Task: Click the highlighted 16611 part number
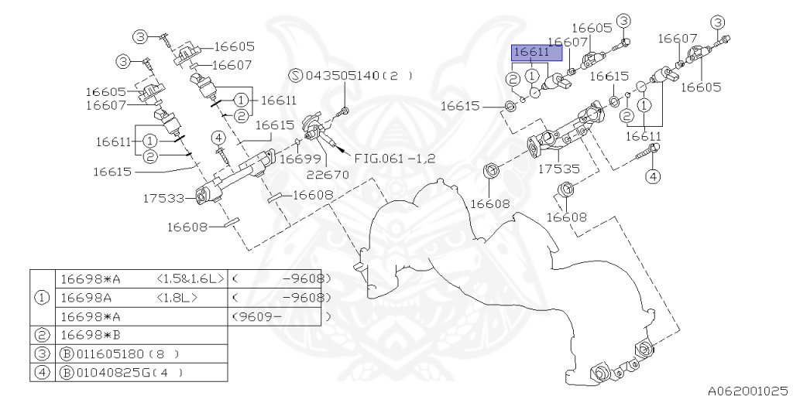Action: coord(531,53)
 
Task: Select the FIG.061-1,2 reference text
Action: coord(395,159)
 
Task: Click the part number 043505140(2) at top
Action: coord(354,76)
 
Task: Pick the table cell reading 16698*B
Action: coord(90,335)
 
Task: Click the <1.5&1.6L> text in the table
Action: coord(190,278)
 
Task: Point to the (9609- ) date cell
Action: coord(280,316)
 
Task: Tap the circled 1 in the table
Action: coord(43,298)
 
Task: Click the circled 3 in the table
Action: coord(43,353)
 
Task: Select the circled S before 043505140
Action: coord(296,76)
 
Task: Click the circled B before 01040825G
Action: coord(66,372)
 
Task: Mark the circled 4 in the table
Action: coord(43,372)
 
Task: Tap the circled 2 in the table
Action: coord(43,335)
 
